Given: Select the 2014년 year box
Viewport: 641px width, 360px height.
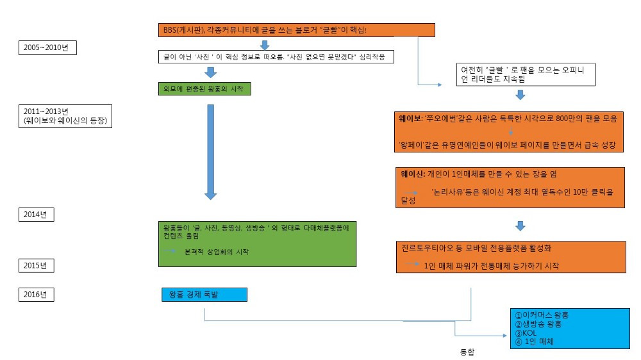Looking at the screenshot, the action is pyautogui.click(x=37, y=215).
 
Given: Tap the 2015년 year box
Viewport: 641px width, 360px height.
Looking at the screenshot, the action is pyautogui.click(x=37, y=266).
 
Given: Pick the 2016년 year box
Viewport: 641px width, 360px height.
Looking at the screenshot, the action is pyautogui.click(x=37, y=295).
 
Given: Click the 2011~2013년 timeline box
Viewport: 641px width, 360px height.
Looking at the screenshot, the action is pyautogui.click(x=65, y=116).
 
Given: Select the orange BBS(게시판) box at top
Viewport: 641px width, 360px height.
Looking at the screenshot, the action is pyautogui.click(x=297, y=30).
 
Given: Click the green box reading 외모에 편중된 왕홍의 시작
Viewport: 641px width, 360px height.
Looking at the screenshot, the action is pyautogui.click(x=205, y=88).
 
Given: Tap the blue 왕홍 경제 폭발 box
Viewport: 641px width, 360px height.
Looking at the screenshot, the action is pyautogui.click(x=204, y=295).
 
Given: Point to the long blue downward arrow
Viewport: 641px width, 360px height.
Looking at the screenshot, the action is pyautogui.click(x=210, y=152).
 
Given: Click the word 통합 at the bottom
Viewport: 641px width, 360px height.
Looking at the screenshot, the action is pyautogui.click(x=467, y=352).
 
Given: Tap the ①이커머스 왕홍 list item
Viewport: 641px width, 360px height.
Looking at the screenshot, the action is pyautogui.click(x=542, y=315).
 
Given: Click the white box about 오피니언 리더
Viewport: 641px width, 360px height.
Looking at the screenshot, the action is pyautogui.click(x=526, y=74).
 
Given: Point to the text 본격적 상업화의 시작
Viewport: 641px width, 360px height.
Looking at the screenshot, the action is pyautogui.click(x=217, y=252).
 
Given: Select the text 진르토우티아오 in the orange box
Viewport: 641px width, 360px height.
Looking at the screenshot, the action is pyautogui.click(x=427, y=248).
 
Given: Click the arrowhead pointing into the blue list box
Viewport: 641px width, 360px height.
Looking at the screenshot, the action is pyautogui.click(x=505, y=336).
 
